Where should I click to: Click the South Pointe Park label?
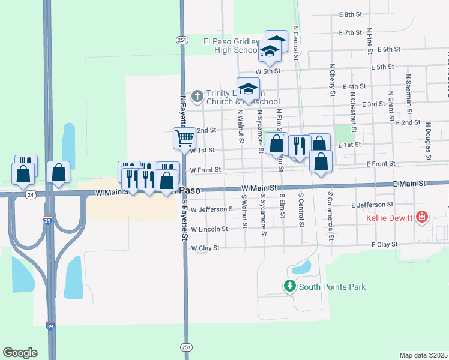pyautogui.click(x=332, y=287)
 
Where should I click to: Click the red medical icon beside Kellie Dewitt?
pyautogui.click(x=421, y=216)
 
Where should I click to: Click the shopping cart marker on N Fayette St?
pyautogui.click(x=185, y=138)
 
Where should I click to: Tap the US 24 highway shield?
pyautogui.click(x=31, y=194)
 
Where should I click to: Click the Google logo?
pyautogui.click(x=20, y=352)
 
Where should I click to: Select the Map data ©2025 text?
pyautogui.click(x=423, y=355)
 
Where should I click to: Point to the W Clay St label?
pyautogui.click(x=205, y=247)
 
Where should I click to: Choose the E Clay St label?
pyautogui.click(x=384, y=245)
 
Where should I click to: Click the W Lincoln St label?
pyautogui.click(x=209, y=229)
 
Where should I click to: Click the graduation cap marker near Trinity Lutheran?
pyautogui.click(x=248, y=89)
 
